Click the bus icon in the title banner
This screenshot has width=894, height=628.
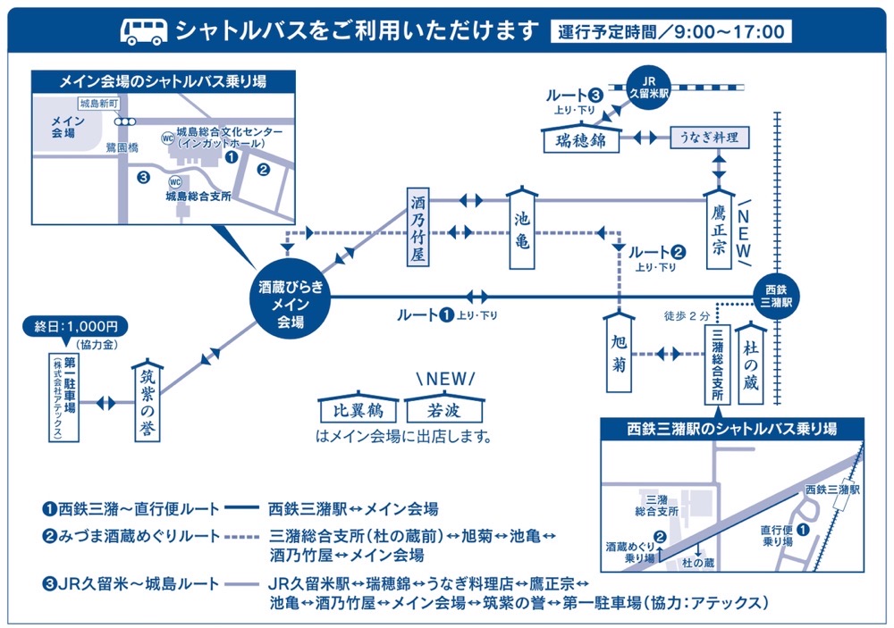tap(143, 31)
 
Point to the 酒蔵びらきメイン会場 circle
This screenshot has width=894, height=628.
tap(291, 297)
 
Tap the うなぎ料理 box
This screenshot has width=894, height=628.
tap(709, 138)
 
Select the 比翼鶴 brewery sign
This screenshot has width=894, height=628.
tap(358, 410)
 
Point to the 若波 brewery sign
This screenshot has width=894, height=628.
tap(443, 410)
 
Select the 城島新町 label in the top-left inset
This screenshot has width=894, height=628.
tap(96, 105)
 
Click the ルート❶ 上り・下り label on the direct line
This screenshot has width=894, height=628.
tap(446, 315)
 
